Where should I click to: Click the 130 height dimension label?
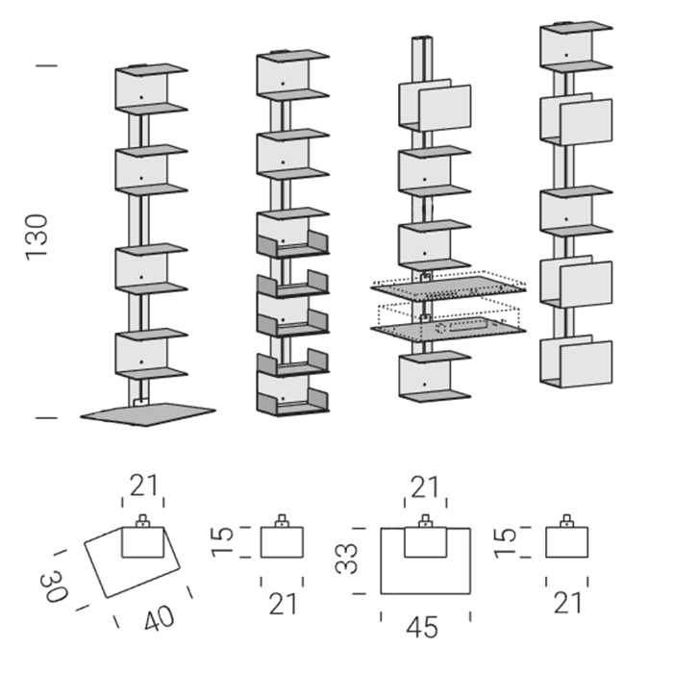[36, 236]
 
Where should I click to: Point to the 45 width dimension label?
[423, 627]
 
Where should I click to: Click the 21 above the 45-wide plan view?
[423, 487]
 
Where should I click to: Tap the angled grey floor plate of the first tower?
[149, 411]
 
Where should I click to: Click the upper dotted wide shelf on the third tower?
[449, 285]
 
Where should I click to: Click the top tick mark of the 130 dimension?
[45, 65]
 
